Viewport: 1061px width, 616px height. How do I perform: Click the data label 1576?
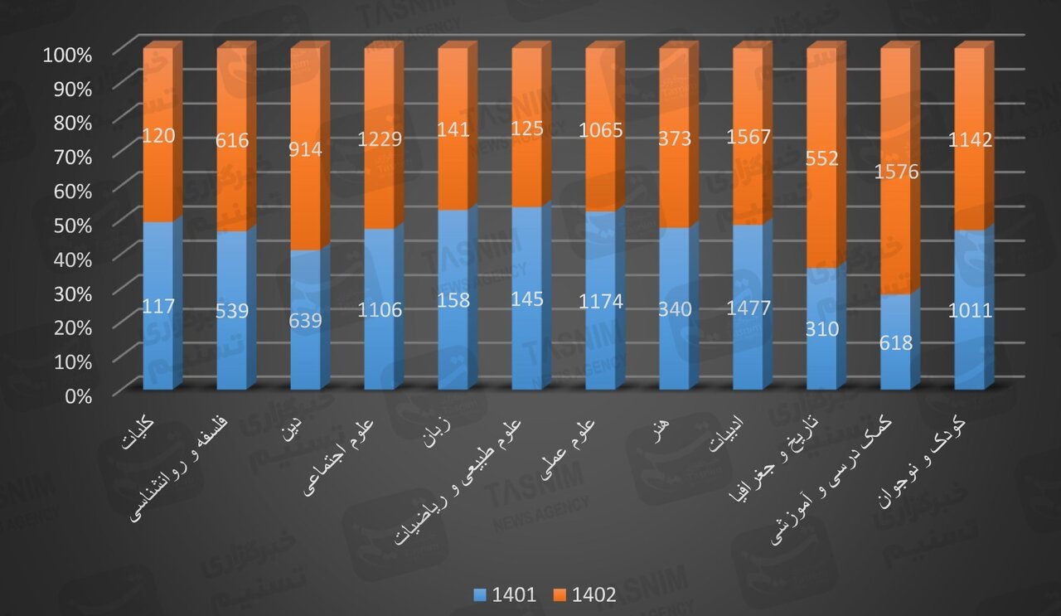click(x=895, y=172)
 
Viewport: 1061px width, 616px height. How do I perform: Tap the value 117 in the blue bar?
click(x=158, y=306)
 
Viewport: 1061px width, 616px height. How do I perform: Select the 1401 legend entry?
click(x=506, y=594)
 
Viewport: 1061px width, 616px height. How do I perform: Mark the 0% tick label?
click(x=79, y=395)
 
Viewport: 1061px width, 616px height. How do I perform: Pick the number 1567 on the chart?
click(x=749, y=138)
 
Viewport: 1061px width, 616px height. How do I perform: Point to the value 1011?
click(x=969, y=312)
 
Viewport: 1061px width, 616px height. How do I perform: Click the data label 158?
click(x=453, y=300)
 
